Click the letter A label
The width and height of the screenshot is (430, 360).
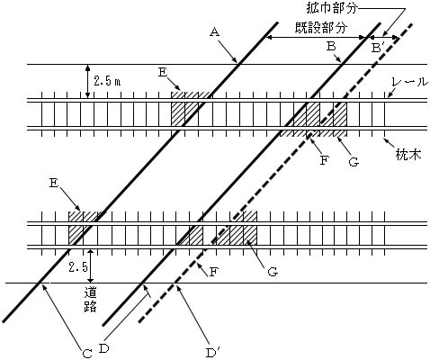tap(214, 31)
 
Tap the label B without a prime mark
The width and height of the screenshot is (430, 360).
tap(331, 46)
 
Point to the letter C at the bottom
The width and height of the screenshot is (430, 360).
tap(87, 354)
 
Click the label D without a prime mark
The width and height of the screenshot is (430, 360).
tap(103, 348)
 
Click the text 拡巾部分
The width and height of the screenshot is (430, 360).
tap(332, 8)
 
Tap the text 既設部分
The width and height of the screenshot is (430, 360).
tap(321, 27)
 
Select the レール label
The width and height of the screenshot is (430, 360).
tap(410, 82)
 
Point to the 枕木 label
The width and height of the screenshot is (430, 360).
tap(408, 155)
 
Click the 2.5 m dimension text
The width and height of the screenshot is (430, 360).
tap(107, 81)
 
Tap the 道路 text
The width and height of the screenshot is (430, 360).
tap(90, 299)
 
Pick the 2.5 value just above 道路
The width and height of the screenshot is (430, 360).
tap(78, 266)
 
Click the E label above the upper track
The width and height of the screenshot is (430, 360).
tap(163, 73)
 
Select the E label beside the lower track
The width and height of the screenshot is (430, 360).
tap(54, 183)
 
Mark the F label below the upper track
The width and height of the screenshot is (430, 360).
tap(324, 160)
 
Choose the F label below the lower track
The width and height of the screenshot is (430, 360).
tap(212, 272)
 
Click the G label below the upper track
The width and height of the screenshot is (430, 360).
tap(354, 162)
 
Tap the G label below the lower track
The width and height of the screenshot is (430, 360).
tap(273, 272)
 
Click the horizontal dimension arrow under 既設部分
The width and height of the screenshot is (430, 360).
tap(317, 37)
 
